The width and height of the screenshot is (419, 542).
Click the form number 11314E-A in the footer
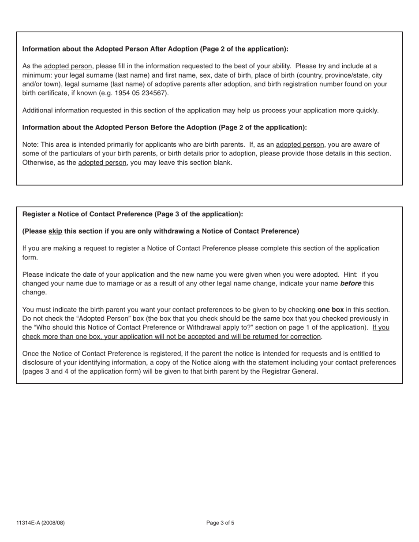(x=30, y=523)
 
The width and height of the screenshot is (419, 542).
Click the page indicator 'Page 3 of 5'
(x=220, y=523)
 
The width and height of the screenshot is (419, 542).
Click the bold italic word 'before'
(x=350, y=283)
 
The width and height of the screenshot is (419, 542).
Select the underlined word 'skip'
(x=55, y=231)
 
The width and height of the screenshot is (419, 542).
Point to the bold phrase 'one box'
(x=330, y=310)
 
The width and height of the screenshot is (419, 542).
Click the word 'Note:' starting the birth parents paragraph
(x=30, y=145)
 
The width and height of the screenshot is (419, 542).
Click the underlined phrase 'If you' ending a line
(x=381, y=327)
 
